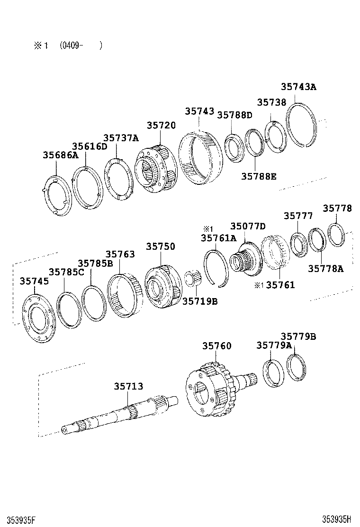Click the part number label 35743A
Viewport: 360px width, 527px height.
[298, 87]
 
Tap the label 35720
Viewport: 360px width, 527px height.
[161, 125]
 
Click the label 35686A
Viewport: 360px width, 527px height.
[61, 154]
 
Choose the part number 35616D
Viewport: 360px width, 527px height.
[90, 146]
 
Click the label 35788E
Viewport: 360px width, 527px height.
[259, 176]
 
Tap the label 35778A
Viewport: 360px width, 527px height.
[325, 269]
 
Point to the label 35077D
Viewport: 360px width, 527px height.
[248, 226]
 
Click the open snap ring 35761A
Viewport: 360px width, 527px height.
[216, 268]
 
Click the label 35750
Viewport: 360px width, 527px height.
[160, 246]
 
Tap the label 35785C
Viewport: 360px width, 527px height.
[67, 272]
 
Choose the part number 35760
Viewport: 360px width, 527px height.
[217, 346]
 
